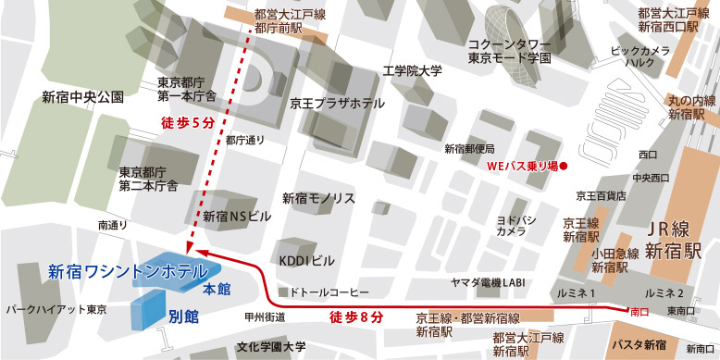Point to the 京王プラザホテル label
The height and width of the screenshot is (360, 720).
point(337,104)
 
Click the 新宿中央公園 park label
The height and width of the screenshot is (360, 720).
point(82,96)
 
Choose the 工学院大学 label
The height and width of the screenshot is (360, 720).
point(413,71)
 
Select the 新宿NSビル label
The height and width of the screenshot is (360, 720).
point(238,217)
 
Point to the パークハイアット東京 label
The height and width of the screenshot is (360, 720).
point(56,309)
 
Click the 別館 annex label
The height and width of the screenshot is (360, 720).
point(183,314)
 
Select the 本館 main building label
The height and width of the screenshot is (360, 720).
point(217,290)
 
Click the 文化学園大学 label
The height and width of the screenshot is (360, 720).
point(269,348)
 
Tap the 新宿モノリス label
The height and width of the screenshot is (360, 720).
point(319,198)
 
